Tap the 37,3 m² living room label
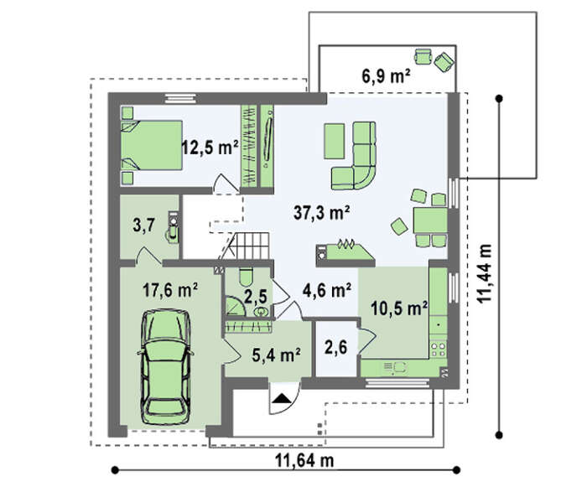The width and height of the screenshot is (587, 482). click(322, 213)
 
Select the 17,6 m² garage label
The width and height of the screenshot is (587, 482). click(171, 290)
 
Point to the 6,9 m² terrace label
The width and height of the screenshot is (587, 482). click(386, 76)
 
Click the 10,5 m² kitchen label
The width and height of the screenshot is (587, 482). click(399, 308)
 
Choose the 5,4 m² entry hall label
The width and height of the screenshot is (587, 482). click(277, 355)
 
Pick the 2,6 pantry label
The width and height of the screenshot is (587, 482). click(335, 348)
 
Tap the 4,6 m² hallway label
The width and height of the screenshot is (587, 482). click(327, 290)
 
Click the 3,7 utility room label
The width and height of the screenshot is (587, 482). click(143, 226)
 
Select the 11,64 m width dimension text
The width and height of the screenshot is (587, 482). click(304, 460)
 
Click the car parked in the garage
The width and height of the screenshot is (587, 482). click(166, 367)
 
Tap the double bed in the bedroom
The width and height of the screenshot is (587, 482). click(152, 145)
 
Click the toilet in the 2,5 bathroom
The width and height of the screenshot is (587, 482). click(246, 276)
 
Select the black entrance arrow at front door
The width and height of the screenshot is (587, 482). click(283, 398)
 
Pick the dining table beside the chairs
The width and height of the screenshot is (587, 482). click(430, 220)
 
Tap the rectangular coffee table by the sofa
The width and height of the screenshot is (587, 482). click(335, 142)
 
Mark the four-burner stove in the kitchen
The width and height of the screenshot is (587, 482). click(438, 348)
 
